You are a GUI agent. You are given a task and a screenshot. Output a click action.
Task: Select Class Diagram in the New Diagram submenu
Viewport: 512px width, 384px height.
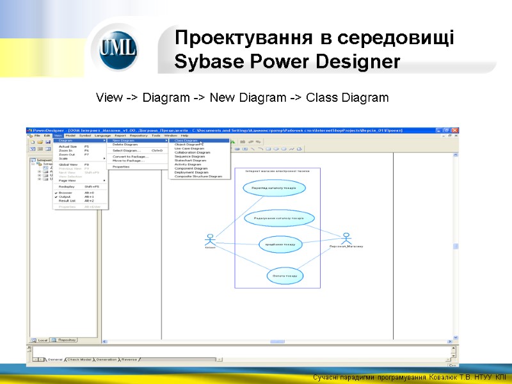tap(186, 141)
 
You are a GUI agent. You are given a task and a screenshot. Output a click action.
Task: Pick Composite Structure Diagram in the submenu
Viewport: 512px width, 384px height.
tap(198, 176)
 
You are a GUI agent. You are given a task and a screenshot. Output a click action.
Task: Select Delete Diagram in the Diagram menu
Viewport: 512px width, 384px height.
tap(125, 145)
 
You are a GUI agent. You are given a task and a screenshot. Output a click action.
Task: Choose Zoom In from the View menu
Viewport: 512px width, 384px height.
tap(66, 150)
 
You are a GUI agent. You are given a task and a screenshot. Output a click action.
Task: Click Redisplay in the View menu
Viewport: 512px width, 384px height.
tap(67, 186)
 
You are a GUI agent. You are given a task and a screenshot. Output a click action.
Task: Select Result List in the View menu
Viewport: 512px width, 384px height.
tap(67, 200)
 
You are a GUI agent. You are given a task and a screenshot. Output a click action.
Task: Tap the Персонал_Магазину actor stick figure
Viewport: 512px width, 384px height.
tap(346, 238)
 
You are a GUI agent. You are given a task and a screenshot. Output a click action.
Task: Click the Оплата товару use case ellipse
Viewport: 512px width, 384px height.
tap(285, 275)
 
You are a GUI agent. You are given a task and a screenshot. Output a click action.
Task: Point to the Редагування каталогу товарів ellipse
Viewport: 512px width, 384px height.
tap(280, 218)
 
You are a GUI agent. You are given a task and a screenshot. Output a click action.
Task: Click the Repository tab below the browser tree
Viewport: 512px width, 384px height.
tap(65, 340)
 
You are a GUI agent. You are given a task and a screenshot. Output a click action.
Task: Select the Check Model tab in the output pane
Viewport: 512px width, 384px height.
tap(79, 360)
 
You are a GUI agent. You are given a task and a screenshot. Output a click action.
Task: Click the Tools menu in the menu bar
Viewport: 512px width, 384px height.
tap(156, 136)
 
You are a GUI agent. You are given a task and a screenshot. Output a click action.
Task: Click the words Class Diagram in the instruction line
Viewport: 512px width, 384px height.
tap(347, 98)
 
